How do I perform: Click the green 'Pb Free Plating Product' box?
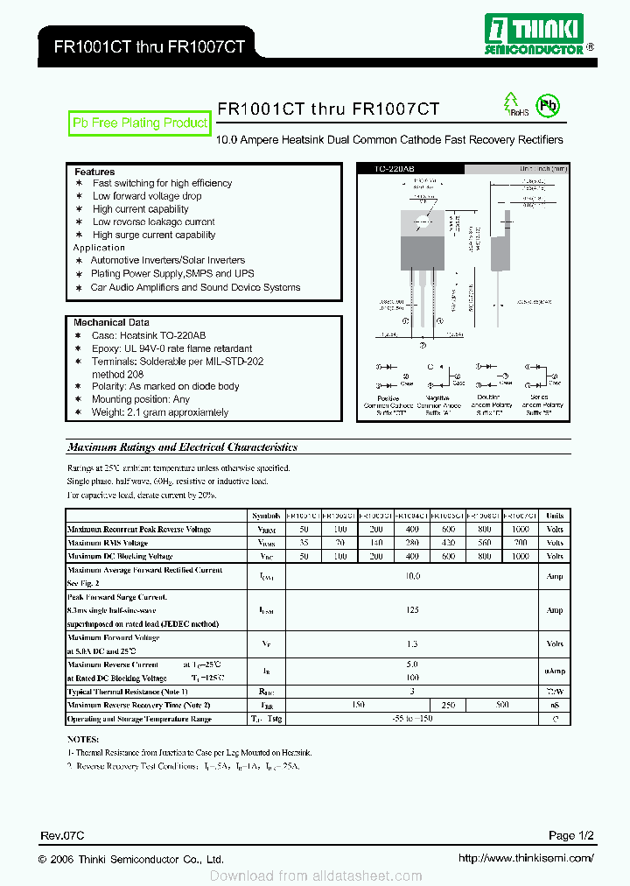[140, 123]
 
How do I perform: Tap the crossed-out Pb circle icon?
[548, 107]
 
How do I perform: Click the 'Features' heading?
[94, 172]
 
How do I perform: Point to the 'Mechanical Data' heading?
[111, 322]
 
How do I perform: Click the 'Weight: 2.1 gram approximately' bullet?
[160, 412]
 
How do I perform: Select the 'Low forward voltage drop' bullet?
[147, 196]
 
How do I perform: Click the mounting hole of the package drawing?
[421, 220]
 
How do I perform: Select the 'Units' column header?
[554, 516]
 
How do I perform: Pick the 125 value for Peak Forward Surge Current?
[412, 610]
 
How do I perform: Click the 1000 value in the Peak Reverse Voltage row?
[520, 530]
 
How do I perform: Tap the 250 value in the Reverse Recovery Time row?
[448, 705]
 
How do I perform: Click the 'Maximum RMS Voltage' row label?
[108, 543]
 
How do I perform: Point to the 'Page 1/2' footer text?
[573, 835]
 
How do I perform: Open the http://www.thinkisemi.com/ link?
[526, 859]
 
